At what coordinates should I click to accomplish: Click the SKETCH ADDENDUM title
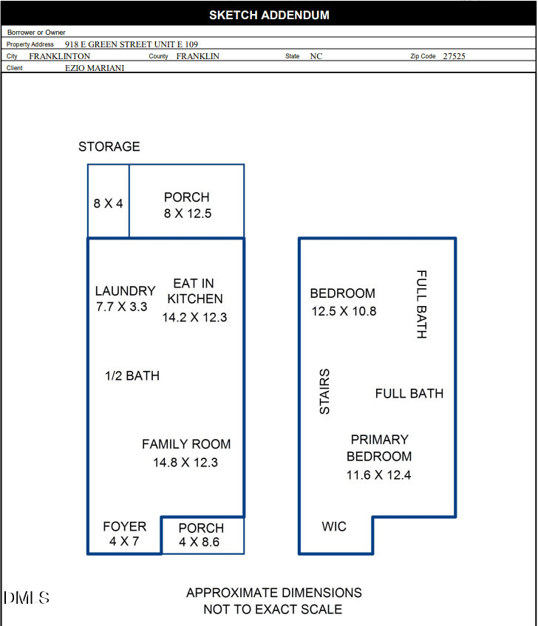(x=270, y=16)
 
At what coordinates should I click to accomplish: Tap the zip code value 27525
(x=454, y=56)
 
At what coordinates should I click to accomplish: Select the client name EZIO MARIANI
(x=95, y=68)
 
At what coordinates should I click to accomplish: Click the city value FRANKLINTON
(x=59, y=56)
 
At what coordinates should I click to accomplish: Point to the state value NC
(x=316, y=56)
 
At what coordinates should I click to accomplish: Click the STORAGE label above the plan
(x=109, y=146)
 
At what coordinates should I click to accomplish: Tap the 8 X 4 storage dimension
(x=108, y=203)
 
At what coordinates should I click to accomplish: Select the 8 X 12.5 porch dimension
(x=188, y=213)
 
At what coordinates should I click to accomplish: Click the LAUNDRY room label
(x=126, y=290)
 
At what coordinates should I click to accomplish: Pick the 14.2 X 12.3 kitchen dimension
(x=194, y=317)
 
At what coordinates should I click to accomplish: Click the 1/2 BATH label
(x=132, y=375)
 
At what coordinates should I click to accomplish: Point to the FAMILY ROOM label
(x=186, y=444)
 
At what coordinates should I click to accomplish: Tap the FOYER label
(x=124, y=526)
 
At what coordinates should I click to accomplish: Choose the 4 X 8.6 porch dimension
(x=199, y=542)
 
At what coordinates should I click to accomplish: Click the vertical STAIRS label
(x=324, y=391)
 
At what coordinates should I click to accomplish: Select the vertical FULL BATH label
(x=421, y=305)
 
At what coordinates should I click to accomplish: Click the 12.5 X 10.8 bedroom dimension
(x=344, y=311)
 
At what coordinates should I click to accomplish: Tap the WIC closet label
(x=334, y=526)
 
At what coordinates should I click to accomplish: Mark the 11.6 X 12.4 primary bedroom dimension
(x=379, y=474)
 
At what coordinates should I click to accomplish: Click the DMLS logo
(x=27, y=598)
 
